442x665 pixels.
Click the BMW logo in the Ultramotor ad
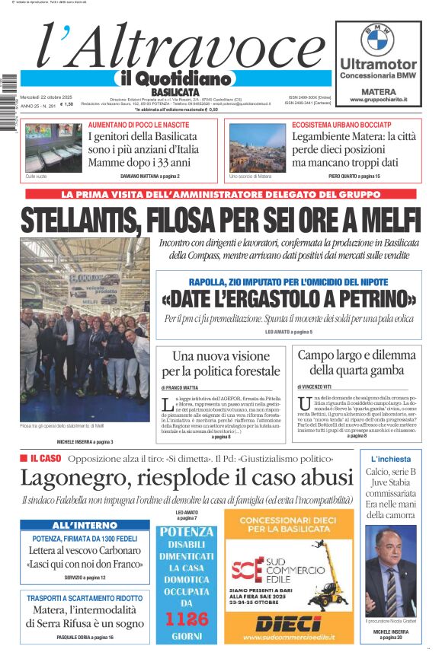(x=377, y=39)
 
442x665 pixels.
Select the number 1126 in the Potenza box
(x=187, y=619)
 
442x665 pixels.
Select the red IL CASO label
(x=40, y=459)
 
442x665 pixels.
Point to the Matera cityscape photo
(x=257, y=148)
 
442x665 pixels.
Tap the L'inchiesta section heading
(x=391, y=460)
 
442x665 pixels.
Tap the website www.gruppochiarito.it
(x=379, y=99)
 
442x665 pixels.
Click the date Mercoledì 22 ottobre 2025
(x=46, y=97)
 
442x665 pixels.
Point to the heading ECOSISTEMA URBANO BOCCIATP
(x=335, y=123)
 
